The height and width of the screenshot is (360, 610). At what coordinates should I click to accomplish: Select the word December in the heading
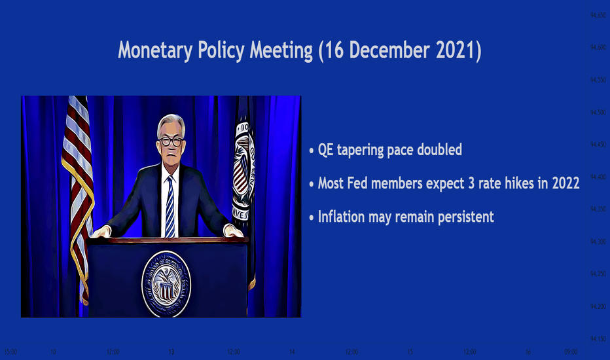click(x=389, y=50)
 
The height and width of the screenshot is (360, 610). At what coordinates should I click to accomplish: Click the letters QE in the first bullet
click(x=326, y=150)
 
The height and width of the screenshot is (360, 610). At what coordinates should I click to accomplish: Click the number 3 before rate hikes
click(x=471, y=183)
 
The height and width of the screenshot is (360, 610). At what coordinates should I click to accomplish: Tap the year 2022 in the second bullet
click(x=565, y=183)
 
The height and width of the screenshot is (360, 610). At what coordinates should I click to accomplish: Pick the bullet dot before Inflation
click(x=312, y=218)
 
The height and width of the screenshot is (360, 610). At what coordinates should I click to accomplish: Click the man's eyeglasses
click(x=171, y=141)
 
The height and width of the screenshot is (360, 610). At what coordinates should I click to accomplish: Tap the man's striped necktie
click(x=170, y=206)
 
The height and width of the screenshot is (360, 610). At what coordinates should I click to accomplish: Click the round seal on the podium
click(x=166, y=283)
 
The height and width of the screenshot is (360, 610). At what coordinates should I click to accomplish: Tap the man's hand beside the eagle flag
click(x=234, y=231)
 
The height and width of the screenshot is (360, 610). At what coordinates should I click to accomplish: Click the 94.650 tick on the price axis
click(x=598, y=15)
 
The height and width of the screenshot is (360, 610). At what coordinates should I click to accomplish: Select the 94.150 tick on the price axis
click(x=598, y=339)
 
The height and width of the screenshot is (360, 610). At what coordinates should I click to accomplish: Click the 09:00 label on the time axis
click(x=571, y=352)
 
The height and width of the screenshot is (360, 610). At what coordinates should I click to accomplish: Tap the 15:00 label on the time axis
click(x=10, y=352)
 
